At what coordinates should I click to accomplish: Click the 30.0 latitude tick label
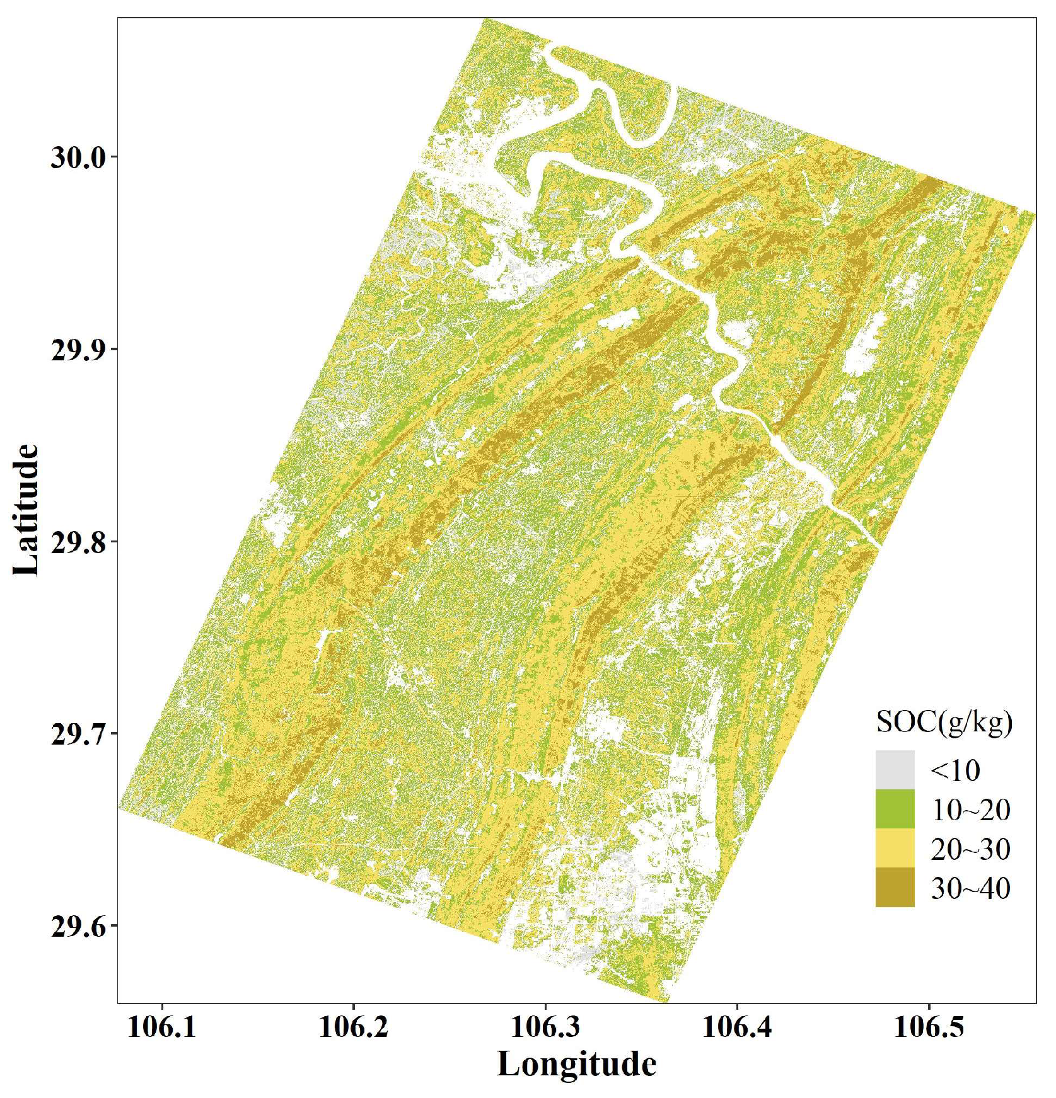pos(79,157)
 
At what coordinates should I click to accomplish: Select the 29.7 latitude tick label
pos(79,733)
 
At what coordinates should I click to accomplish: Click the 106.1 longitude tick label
pos(162,1027)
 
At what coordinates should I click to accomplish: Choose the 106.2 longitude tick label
pos(354,1027)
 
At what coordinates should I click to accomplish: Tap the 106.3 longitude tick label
pos(545,1027)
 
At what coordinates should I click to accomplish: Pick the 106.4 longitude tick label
pos(737,1027)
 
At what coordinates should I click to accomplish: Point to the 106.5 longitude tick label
pos(929,1027)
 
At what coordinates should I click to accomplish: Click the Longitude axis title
pos(577,1065)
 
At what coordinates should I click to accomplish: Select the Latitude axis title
pos(26,510)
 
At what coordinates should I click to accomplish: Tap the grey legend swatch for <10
pos(895,770)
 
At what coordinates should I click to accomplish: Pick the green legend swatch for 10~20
pos(895,809)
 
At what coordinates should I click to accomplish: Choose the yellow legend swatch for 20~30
pos(895,848)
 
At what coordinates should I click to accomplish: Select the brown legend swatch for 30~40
pos(895,887)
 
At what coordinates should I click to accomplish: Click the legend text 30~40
pos(970,888)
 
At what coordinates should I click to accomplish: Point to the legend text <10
pos(955,770)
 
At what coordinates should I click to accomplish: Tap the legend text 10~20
pos(970,810)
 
